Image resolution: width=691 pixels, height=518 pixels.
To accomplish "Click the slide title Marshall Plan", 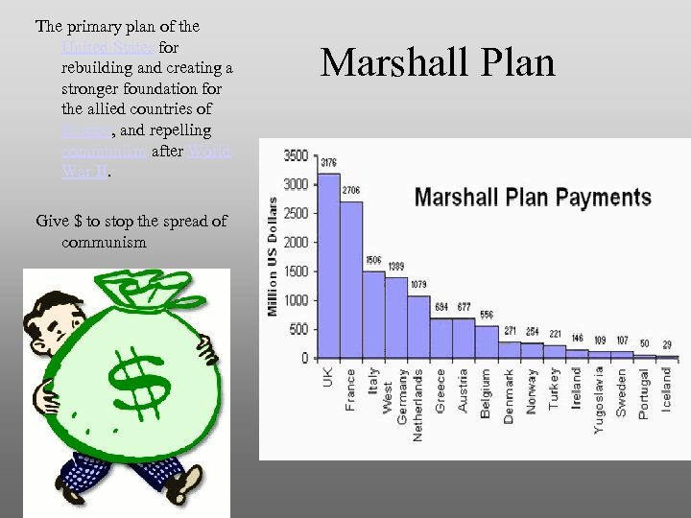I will click(438, 63).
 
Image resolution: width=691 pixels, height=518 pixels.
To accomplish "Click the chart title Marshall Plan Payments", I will click(533, 199).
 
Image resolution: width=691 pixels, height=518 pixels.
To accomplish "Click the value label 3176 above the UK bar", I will click(328, 161).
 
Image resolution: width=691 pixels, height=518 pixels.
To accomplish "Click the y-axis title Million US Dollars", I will click(273, 257).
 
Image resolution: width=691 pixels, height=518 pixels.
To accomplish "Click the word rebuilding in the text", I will click(100, 68).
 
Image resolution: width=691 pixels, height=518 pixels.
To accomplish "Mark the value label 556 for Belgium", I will click(487, 315).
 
